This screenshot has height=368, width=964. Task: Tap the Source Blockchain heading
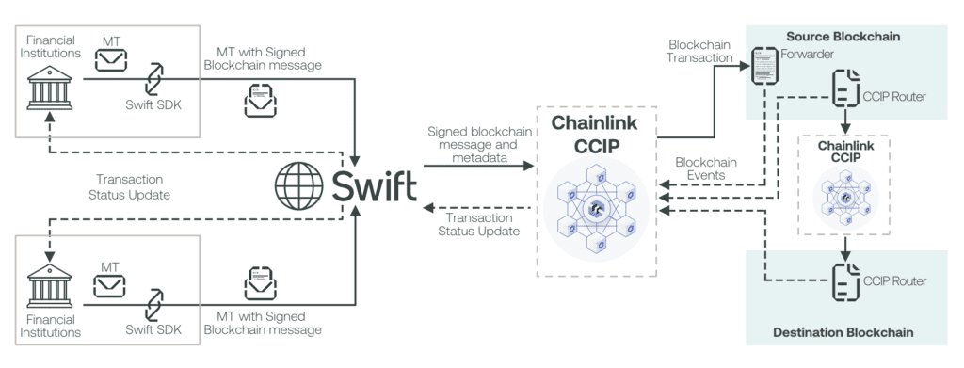pos(844,36)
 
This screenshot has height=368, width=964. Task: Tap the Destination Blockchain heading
pos(844,332)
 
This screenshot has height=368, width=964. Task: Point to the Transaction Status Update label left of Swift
pos(130,185)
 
